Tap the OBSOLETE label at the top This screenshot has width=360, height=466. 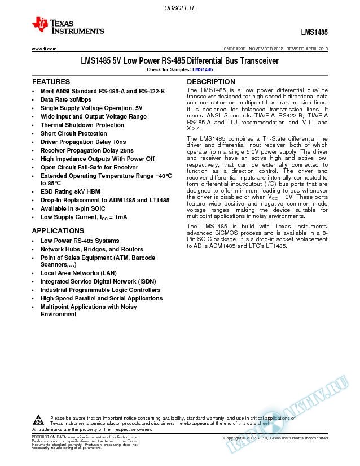[x=179, y=8]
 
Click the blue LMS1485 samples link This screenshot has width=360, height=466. [x=203, y=69]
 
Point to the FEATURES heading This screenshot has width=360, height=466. [x=51, y=82]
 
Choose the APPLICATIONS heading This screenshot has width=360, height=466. [x=58, y=231]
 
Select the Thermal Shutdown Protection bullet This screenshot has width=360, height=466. [x=82, y=125]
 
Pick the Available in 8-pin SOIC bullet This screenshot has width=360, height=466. [x=76, y=209]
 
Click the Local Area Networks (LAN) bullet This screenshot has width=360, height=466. [x=78, y=273]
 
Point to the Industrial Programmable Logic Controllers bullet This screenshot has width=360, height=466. [x=100, y=290]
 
